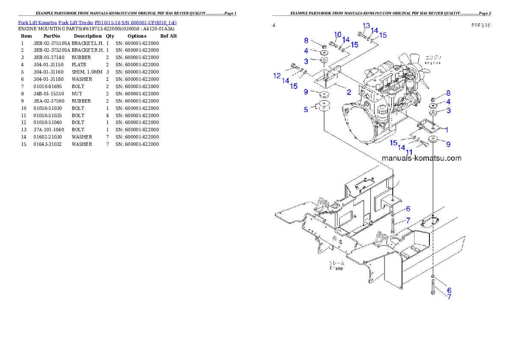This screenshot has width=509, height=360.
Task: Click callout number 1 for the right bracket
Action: tap(447, 130)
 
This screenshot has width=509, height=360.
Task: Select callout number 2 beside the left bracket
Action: tap(349, 92)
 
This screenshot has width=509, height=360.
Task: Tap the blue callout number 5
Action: tap(306, 109)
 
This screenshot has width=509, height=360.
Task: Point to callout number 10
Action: tap(338, 35)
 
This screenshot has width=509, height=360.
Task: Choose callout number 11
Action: tap(409, 152)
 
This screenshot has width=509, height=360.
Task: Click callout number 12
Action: tap(277, 76)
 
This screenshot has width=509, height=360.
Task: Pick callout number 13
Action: tap(366, 26)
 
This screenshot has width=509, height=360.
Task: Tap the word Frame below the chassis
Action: tap(336, 269)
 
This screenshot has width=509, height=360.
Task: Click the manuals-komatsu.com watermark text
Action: tap(421, 158)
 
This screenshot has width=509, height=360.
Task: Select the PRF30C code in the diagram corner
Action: tap(481, 25)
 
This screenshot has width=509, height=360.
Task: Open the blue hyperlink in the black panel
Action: tap(97, 22)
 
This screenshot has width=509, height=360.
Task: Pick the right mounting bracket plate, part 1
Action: tap(427, 126)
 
